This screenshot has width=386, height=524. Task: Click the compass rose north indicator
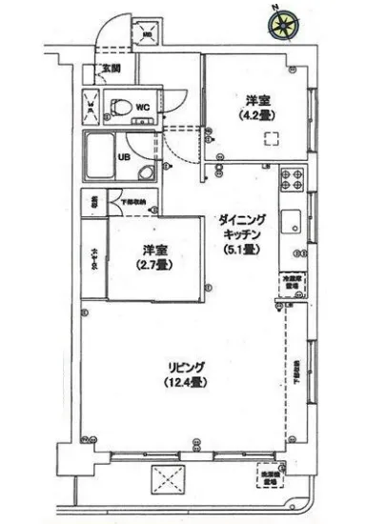(280, 29)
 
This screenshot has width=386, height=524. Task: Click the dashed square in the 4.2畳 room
(273, 138)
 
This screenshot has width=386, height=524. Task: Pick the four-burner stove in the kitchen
(292, 179)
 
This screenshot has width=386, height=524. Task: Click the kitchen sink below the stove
(293, 226)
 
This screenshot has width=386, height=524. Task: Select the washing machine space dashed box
(270, 476)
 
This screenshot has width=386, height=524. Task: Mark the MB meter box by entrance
(148, 34)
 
